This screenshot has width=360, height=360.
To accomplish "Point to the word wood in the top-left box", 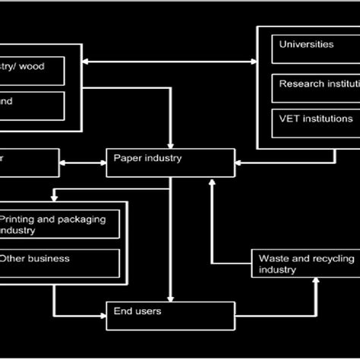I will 31,67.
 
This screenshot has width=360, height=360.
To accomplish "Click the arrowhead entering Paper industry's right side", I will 238,163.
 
